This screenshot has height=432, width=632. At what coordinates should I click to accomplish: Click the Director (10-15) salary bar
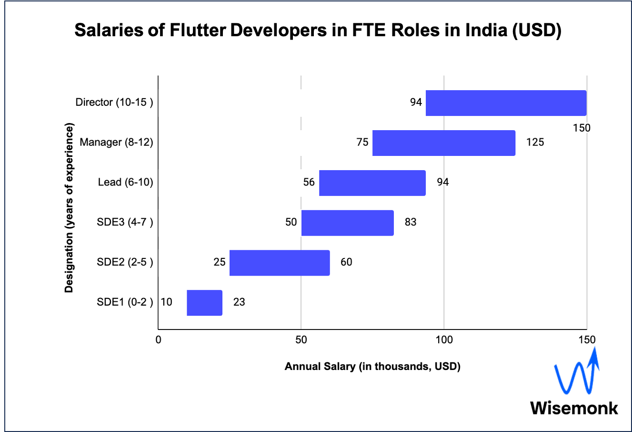(x=506, y=103)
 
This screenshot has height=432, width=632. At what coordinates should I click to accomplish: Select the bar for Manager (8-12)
(x=443, y=143)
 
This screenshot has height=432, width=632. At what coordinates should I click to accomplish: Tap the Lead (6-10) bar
(x=372, y=183)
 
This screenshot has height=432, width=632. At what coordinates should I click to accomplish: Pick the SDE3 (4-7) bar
(x=347, y=223)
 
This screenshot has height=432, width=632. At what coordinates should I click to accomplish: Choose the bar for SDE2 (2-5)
(x=280, y=263)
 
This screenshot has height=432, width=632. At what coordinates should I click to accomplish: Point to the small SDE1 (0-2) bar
(x=204, y=303)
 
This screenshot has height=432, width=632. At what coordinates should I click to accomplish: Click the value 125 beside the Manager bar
(x=535, y=142)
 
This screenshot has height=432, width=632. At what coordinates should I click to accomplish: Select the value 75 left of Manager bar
(x=362, y=142)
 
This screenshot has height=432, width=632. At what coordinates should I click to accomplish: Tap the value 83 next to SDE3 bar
(x=410, y=222)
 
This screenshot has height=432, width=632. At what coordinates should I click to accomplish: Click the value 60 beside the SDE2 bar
(x=346, y=262)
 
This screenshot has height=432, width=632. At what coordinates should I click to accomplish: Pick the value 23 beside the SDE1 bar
(x=239, y=302)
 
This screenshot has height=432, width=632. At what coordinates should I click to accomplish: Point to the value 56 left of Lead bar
(x=309, y=182)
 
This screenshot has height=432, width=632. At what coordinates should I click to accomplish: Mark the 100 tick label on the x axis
(x=444, y=339)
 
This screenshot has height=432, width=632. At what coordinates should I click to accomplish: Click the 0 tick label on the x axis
(x=159, y=339)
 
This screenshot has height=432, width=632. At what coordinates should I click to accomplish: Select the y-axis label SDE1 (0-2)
(x=125, y=302)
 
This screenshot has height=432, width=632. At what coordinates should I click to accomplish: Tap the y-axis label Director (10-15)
(x=114, y=102)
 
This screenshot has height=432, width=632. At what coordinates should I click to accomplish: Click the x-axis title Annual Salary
(x=372, y=367)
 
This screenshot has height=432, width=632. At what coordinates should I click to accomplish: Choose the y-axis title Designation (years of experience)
(x=70, y=208)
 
